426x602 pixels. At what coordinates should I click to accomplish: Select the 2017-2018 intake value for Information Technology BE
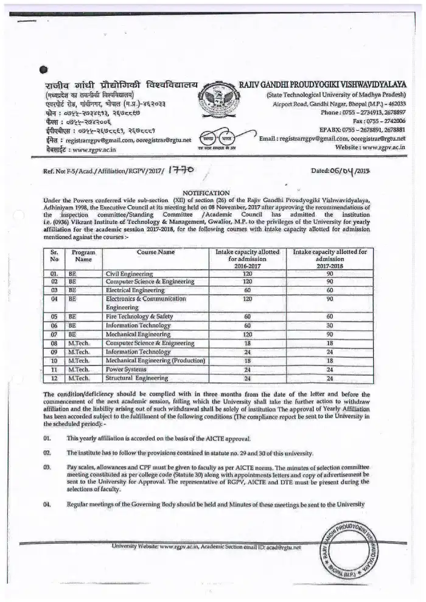click(x=329, y=326)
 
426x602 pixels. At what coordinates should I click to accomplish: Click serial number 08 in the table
click(x=54, y=343)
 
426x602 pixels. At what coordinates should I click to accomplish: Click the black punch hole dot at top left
click(x=42, y=70)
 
